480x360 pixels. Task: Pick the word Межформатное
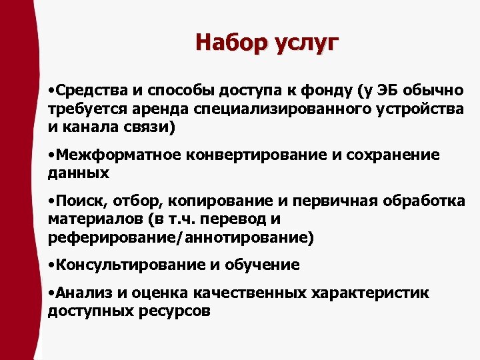[119, 155]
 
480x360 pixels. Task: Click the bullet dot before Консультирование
[51, 265]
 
